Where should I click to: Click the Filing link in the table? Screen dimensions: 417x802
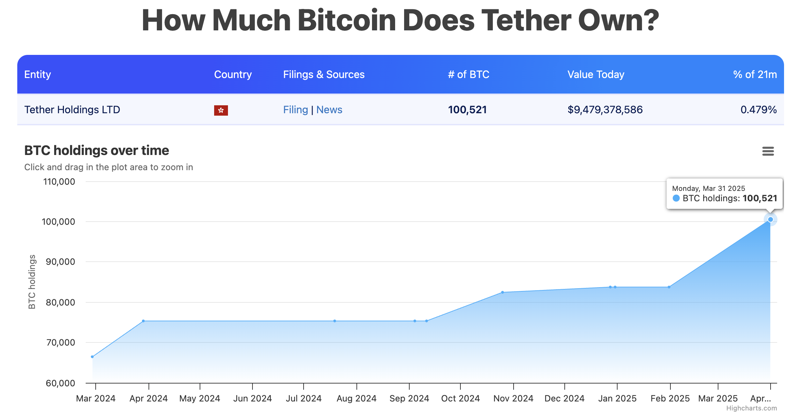click(x=295, y=110)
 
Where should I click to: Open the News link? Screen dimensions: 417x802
click(x=329, y=110)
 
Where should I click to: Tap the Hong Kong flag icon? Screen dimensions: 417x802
click(x=221, y=110)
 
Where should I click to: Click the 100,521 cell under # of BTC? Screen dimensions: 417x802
click(x=467, y=110)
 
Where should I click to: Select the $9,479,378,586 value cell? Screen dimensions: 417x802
click(x=605, y=110)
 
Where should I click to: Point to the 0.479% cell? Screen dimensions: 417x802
click(x=758, y=110)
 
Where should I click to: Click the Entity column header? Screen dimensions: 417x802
click(x=38, y=75)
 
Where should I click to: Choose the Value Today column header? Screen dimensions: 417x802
click(x=596, y=75)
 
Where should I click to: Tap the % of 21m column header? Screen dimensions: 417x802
click(x=755, y=75)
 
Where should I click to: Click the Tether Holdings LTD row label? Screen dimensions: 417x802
click(x=72, y=110)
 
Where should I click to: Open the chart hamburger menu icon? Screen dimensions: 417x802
click(x=768, y=151)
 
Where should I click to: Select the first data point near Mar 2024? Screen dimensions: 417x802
click(x=92, y=357)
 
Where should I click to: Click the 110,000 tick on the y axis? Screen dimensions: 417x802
click(x=59, y=182)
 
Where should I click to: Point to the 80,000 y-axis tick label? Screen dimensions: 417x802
click(x=60, y=303)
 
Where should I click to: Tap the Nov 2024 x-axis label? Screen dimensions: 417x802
click(x=513, y=398)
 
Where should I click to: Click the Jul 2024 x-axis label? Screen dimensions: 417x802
click(x=304, y=398)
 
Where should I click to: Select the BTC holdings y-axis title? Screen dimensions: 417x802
click(x=32, y=282)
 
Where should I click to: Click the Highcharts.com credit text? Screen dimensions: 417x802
click(x=751, y=408)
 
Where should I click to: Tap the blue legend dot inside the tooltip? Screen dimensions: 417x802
click(x=676, y=198)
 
